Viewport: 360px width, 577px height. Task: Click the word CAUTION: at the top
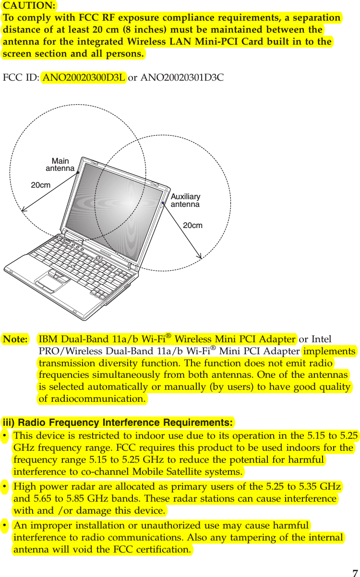tap(29, 6)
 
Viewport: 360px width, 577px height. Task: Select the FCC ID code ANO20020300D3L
tap(84, 77)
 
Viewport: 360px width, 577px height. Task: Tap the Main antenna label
tap(60, 165)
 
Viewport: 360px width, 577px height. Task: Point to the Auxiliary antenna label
tap(185, 200)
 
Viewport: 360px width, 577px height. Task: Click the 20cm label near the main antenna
tap(41, 184)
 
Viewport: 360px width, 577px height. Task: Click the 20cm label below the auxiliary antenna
tap(193, 225)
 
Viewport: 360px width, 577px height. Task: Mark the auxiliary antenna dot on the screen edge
tap(163, 204)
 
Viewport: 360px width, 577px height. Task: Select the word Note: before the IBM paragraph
tap(15, 339)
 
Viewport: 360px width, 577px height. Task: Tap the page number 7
tap(355, 573)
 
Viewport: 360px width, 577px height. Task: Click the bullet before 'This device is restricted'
tap(4, 436)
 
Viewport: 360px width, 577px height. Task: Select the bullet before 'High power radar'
tap(4, 487)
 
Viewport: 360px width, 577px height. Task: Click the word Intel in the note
tap(322, 339)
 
